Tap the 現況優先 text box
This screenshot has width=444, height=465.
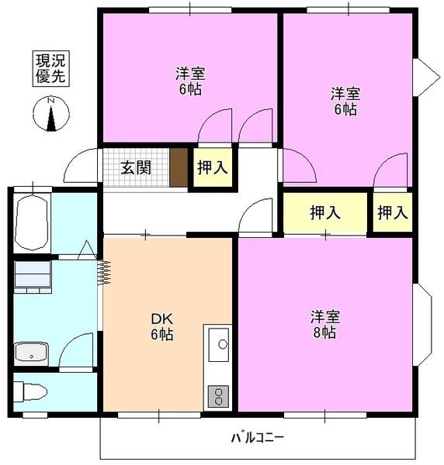click(49, 69)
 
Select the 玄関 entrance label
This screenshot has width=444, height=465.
click(136, 167)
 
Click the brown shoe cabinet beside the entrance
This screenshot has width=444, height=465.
click(179, 167)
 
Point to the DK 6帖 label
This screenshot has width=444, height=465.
click(161, 326)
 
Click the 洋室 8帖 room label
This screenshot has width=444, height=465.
click(324, 325)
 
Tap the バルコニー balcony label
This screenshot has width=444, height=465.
click(257, 438)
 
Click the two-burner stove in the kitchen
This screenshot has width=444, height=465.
click(218, 396)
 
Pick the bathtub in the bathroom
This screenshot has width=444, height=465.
click(32, 220)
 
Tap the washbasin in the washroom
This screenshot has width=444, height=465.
click(31, 353)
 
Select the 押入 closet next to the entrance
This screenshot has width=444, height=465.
click(213, 167)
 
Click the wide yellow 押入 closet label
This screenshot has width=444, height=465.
click(324, 212)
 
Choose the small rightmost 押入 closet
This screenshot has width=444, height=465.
click(392, 212)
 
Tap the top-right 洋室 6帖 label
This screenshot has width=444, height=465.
click(345, 102)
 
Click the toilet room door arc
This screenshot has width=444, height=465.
click(78, 353)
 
